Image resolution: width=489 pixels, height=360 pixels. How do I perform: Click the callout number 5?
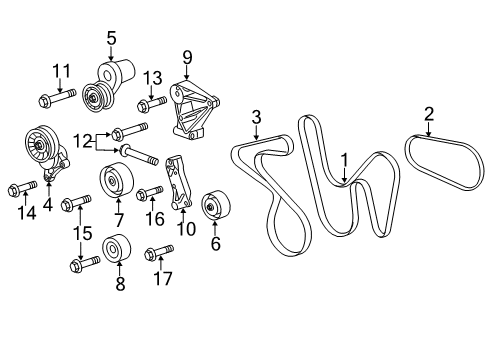coord(111,38)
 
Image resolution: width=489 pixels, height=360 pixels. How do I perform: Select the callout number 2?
coord(428,113)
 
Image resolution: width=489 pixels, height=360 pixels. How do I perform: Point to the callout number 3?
coord(256,118)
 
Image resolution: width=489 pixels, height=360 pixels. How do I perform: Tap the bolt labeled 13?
coord(151,102)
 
